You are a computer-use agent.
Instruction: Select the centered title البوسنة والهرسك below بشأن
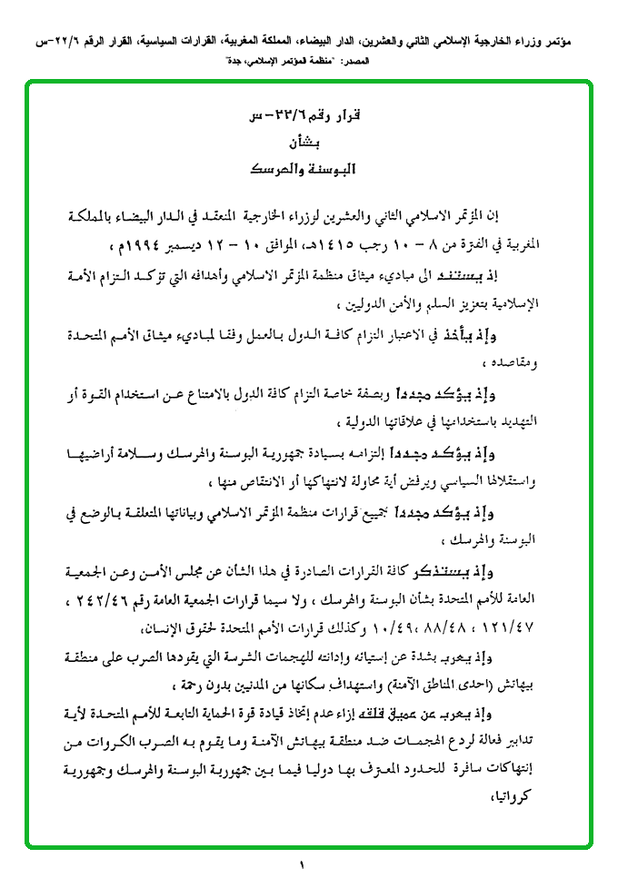tap(304, 170)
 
